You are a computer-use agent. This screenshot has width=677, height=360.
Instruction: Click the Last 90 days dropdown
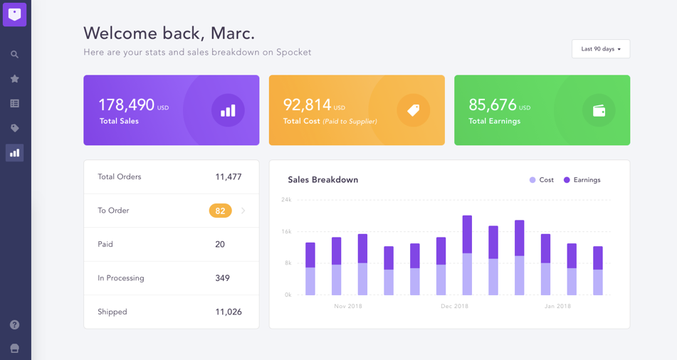[600, 49]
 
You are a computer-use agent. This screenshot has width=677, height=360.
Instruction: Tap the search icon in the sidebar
[14, 54]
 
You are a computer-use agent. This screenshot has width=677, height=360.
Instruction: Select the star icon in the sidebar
[14, 79]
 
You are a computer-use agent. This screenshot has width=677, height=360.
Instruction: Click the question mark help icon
[14, 324]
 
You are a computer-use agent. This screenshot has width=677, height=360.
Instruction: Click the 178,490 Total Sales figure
[126, 105]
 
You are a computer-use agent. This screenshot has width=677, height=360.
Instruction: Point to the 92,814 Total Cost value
[308, 105]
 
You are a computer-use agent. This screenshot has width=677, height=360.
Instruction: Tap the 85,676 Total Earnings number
[493, 105]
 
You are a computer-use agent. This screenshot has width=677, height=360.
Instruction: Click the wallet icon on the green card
[599, 110]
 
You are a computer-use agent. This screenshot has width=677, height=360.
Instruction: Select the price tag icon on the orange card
[413, 110]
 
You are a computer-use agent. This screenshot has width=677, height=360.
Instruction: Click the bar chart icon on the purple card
[228, 111]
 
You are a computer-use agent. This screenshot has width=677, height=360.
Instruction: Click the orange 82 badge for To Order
[220, 211]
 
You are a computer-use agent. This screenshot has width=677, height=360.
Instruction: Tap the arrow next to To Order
[243, 211]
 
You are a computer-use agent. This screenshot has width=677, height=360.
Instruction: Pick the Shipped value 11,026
[229, 312]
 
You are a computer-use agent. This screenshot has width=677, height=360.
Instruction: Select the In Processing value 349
[222, 278]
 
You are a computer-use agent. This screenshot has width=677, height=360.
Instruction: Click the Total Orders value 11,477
[229, 177]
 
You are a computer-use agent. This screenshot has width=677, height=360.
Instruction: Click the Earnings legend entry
[582, 180]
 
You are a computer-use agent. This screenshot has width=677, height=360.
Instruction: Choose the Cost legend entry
[542, 180]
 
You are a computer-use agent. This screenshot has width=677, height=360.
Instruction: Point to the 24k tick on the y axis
[286, 200]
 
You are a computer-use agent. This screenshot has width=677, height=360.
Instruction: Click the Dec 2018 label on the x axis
[454, 307]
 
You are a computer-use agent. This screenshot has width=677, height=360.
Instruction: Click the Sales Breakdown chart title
[322, 180]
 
